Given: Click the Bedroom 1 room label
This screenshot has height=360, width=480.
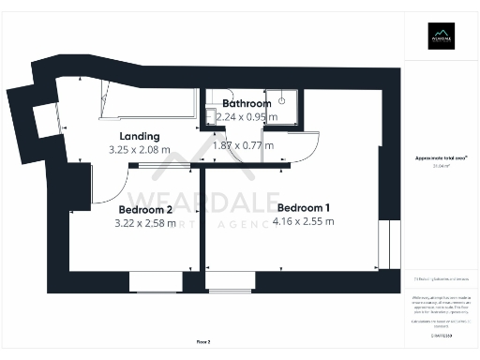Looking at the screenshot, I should click(x=303, y=207).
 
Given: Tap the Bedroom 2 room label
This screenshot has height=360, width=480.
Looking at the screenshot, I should click(x=144, y=210).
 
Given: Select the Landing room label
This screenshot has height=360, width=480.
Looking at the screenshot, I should click(x=141, y=136).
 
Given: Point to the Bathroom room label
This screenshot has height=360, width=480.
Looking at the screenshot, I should click(x=247, y=103).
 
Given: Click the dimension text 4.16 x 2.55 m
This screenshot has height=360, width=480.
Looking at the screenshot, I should click(x=303, y=222).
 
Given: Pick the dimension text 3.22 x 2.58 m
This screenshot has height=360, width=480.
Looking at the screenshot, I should click(x=144, y=224).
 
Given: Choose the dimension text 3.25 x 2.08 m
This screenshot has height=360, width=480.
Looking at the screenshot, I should click(x=140, y=149).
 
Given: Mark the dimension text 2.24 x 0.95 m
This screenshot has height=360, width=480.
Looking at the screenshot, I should click(x=247, y=116).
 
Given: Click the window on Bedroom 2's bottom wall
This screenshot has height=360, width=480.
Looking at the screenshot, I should click(x=156, y=282).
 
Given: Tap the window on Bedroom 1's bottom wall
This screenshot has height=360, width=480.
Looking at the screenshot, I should click(x=230, y=282).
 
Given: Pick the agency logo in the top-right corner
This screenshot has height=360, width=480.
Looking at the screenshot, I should click(x=440, y=37).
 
